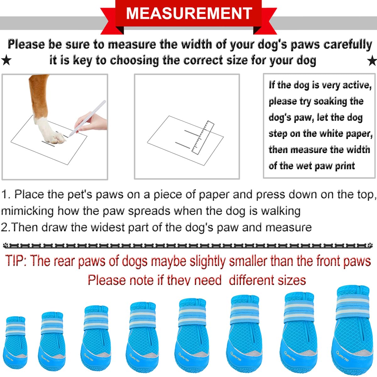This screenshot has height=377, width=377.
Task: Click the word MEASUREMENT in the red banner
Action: (189, 13)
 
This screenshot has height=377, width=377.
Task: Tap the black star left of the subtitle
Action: (6, 60)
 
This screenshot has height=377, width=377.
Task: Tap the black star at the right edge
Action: (372, 61)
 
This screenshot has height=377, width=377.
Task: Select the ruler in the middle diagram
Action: (203, 138)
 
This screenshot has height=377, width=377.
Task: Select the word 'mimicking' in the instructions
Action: (27, 211)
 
